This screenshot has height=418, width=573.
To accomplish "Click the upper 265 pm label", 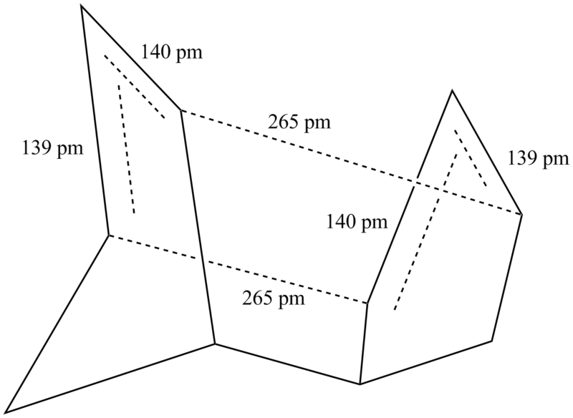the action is pos(299,123).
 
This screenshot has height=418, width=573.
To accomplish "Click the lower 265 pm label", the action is pos(274,298).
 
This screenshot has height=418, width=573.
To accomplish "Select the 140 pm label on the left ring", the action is pos(171,52).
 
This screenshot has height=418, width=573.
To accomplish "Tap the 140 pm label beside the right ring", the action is pos(357,222).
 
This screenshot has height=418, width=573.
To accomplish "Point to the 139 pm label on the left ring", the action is pos(52,149).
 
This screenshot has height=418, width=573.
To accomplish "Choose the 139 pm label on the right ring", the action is pos(539,159).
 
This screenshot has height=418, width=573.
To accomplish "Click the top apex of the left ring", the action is pos(81,6).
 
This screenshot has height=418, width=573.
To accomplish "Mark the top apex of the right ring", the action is pos(452,89).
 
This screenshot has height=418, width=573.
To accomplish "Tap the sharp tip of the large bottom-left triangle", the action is pos(6,412).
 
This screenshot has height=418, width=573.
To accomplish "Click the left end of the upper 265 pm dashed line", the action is pos(180,110).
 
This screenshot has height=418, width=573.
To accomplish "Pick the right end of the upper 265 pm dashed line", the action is pos(521,215).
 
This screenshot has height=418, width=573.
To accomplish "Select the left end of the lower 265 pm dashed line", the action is pos(109,235).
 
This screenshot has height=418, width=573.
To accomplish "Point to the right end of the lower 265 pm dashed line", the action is pos(367,303).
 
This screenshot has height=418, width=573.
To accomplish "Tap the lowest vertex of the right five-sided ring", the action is pos(360,384).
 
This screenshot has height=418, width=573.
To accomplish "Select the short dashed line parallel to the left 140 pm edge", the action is pos(134,87).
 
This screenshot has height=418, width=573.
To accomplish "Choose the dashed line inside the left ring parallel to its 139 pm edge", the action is pos(126,149).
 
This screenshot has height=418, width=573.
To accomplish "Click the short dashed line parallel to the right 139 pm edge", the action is pos(471,158).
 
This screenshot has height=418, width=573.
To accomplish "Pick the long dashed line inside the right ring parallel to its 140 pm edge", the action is pos(426,231).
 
